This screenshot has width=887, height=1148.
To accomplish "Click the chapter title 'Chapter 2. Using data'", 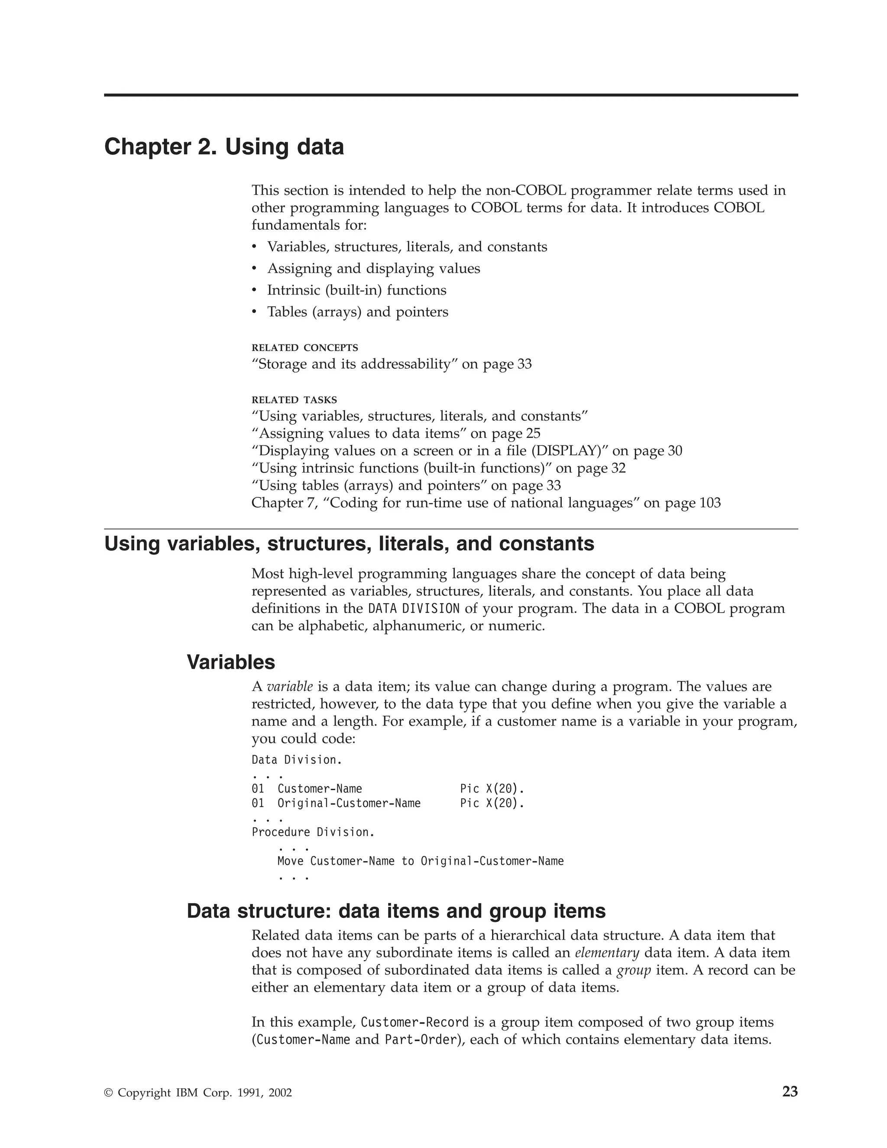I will (x=224, y=147).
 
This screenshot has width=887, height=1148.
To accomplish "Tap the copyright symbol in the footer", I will (x=109, y=1093).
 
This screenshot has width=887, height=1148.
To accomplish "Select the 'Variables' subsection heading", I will (x=231, y=662).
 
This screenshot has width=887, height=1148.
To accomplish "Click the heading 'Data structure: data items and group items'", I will (x=396, y=911).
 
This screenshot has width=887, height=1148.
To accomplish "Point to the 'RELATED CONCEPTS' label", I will (x=305, y=347).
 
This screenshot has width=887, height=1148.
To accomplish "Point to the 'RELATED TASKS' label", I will (x=294, y=400).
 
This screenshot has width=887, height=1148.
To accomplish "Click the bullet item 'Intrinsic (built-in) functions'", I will (x=356, y=290).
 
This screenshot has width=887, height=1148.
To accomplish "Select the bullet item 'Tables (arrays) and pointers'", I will (x=357, y=312).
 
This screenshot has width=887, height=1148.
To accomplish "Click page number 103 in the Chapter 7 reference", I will (x=710, y=503).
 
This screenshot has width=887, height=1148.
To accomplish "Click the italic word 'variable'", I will (x=290, y=687).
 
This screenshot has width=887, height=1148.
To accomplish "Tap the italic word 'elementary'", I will (x=607, y=953).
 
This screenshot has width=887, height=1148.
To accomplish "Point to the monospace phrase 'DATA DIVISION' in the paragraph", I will (x=414, y=609).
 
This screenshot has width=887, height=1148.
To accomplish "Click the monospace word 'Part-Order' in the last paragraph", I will (x=420, y=1040).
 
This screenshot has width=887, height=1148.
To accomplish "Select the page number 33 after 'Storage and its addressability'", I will (x=524, y=364).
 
